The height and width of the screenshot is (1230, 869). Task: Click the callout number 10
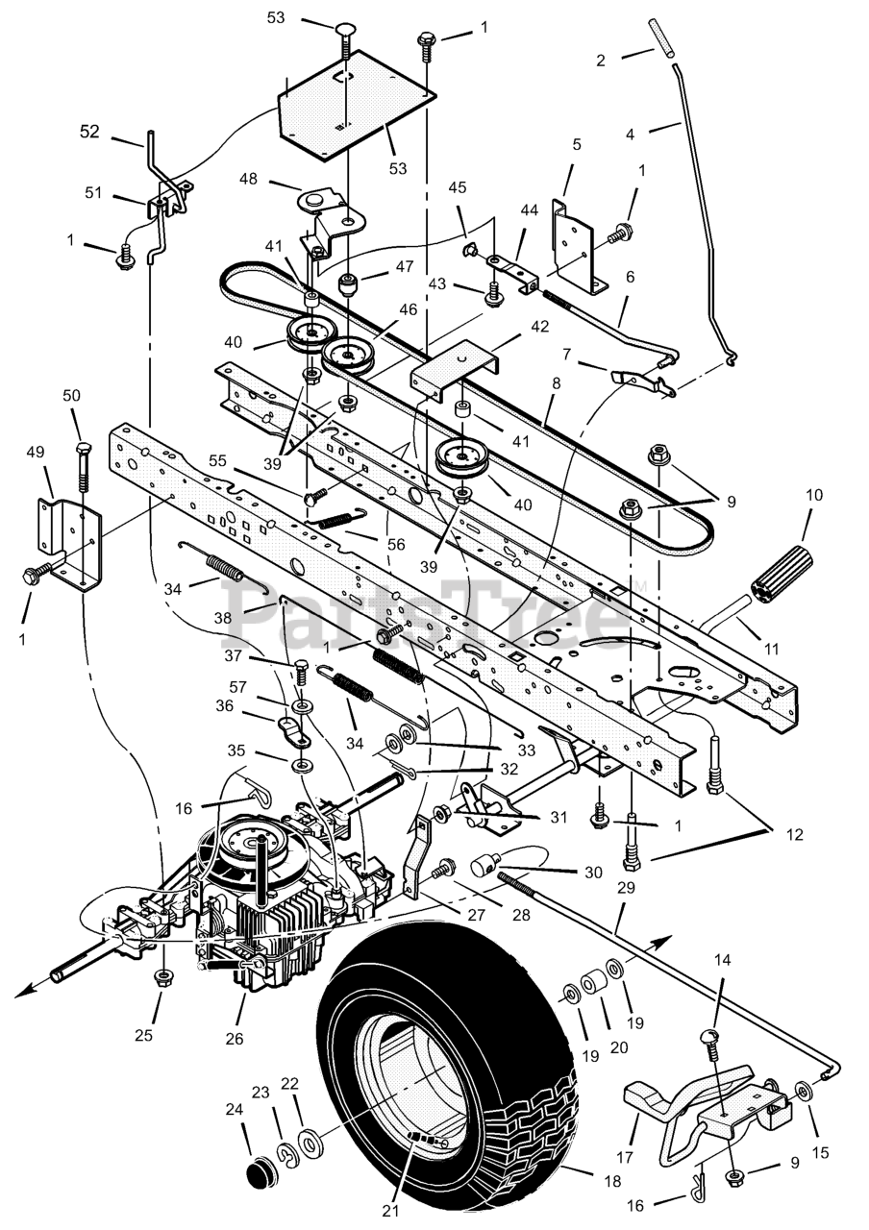coord(814,496)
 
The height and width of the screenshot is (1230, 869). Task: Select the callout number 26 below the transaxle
coord(235,1038)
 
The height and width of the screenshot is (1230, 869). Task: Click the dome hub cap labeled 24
coord(257,1175)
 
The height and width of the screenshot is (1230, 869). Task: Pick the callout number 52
coord(89,132)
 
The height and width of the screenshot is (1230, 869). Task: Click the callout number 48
coord(247,180)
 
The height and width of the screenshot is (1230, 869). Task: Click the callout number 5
coord(577,145)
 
